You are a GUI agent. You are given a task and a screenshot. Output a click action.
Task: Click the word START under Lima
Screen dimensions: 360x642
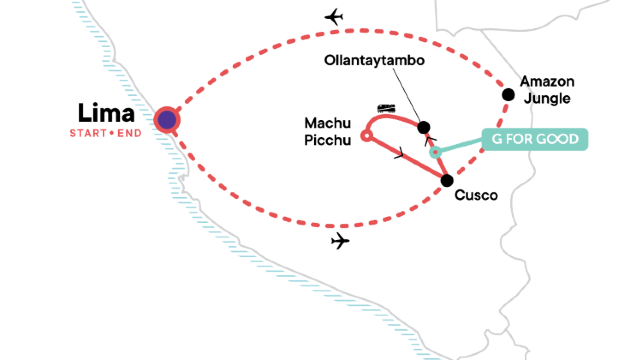(86, 132)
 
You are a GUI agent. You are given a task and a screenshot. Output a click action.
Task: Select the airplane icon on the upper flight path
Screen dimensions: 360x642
(335, 17)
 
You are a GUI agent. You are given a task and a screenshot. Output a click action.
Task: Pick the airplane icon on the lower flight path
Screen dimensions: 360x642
(341, 241)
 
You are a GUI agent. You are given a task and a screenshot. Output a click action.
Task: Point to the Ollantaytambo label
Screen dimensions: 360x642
(375, 60)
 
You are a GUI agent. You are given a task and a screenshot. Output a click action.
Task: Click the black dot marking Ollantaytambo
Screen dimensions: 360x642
(424, 127)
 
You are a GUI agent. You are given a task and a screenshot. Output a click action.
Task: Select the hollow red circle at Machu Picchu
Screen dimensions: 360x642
(367, 135)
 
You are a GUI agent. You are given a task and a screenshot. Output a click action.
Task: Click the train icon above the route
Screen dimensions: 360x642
(385, 107)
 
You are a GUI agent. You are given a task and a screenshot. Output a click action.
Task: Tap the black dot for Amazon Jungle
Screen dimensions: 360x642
(508, 95)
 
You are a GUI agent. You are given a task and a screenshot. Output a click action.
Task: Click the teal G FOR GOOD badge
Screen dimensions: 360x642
(534, 139)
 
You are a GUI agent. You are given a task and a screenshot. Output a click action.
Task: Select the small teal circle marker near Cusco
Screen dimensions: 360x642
(435, 154)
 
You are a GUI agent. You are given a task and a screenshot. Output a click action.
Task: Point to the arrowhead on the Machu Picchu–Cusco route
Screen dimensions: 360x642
(401, 155)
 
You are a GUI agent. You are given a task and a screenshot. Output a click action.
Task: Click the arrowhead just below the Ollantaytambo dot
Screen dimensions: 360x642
(428, 141)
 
